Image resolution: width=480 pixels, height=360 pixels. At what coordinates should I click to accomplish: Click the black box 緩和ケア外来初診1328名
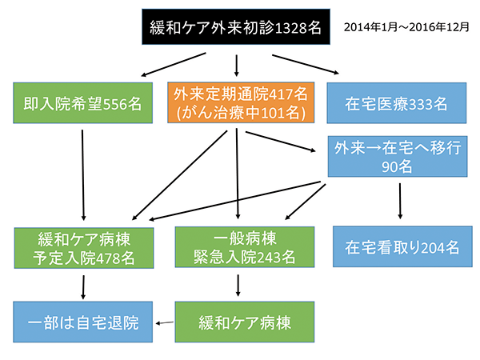tap(236, 27)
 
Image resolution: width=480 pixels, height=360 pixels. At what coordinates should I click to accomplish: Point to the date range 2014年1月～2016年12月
tap(406, 27)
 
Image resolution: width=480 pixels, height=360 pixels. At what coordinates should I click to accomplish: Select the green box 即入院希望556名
tap(82, 103)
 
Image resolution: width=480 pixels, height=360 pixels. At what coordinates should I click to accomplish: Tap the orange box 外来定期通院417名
tap(241, 102)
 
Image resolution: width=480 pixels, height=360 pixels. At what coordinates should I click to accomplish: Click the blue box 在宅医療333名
tap(397, 103)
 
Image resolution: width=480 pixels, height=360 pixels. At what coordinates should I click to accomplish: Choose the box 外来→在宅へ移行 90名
tap(398, 157)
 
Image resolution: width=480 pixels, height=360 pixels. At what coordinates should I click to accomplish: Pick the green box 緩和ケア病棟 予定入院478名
tap(84, 248)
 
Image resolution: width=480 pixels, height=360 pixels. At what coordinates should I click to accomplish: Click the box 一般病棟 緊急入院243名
tap(245, 247)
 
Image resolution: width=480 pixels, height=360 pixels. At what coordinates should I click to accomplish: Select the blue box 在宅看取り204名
tap(402, 246)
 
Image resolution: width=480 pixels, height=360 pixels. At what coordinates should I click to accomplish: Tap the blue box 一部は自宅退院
tap(82, 322)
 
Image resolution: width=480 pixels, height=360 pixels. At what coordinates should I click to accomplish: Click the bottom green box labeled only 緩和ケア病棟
tap(245, 322)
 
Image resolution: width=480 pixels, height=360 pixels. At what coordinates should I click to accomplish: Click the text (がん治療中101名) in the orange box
tap(241, 113)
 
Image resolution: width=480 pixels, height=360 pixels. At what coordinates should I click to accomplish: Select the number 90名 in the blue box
tap(397, 167)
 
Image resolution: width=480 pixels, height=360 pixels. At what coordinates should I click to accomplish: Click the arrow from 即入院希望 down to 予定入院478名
tap(83, 175)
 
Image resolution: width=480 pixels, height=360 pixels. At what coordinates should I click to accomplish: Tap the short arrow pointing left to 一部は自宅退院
tap(164, 322)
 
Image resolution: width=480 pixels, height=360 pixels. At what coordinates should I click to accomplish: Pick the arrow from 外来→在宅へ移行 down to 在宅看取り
tap(400, 201)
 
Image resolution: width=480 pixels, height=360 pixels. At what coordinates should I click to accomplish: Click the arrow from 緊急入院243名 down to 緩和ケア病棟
tap(238, 286)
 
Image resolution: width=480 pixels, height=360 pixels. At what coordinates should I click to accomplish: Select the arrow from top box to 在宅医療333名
tap(306, 64)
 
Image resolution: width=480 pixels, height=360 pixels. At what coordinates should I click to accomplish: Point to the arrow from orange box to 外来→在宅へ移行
tap(281, 142)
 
